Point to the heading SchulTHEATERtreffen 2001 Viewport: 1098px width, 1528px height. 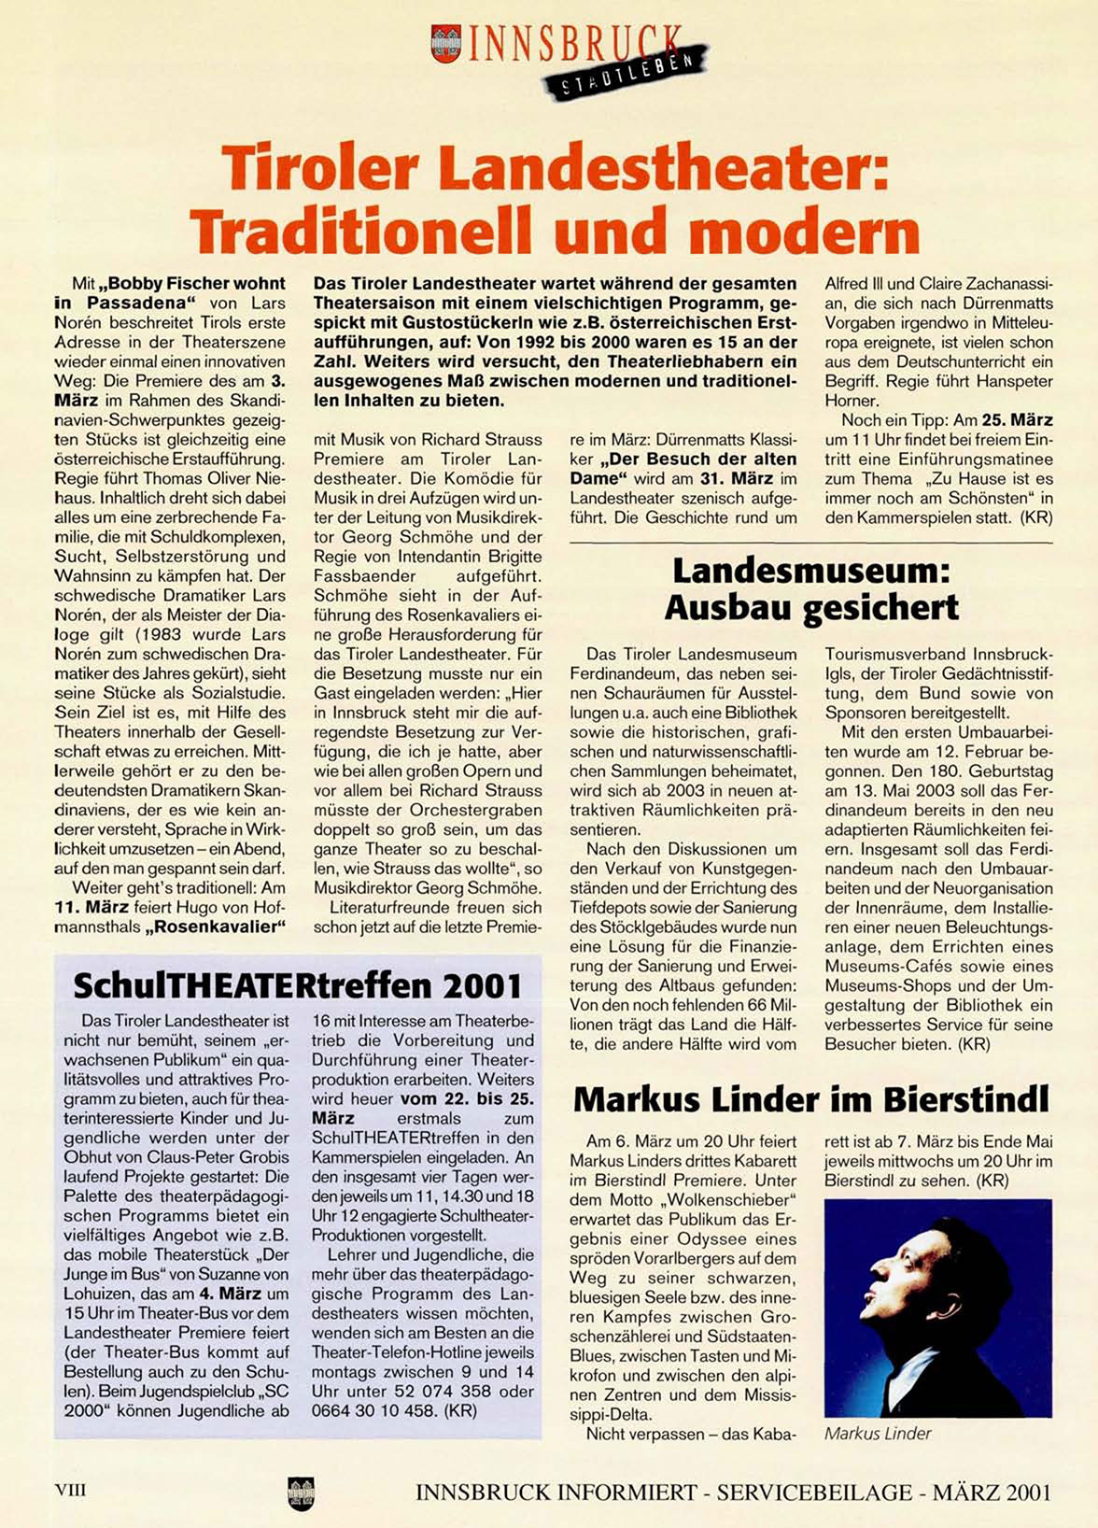point(297,984)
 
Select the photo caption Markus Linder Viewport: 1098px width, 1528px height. point(878,1433)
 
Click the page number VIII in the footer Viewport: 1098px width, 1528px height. point(71,1491)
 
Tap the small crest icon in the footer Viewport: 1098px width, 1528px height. point(301,1493)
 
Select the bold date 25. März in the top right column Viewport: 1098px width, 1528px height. point(1017,420)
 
